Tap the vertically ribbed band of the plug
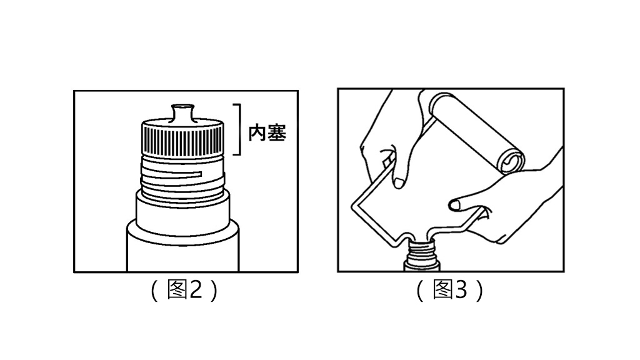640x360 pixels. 183,137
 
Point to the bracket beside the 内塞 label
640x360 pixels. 237,129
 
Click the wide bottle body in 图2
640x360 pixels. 183,250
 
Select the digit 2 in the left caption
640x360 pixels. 196,291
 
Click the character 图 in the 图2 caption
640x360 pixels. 178,291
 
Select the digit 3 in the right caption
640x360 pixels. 461,291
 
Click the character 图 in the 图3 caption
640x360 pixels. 443,291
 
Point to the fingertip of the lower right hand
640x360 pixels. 455,202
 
